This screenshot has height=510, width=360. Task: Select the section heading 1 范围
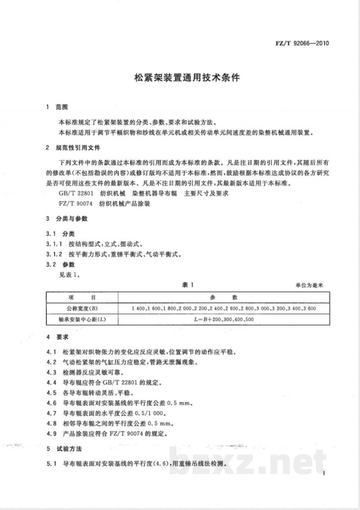pos(57,107)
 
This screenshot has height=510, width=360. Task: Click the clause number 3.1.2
pos(54,254)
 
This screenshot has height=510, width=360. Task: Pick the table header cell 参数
pos(223,297)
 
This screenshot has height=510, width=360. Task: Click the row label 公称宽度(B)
pos(82,309)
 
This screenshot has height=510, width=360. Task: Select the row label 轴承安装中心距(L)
pos(82,319)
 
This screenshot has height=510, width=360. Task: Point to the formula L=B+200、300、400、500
pos(223,319)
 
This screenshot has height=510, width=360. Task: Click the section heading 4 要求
pos(57,337)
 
